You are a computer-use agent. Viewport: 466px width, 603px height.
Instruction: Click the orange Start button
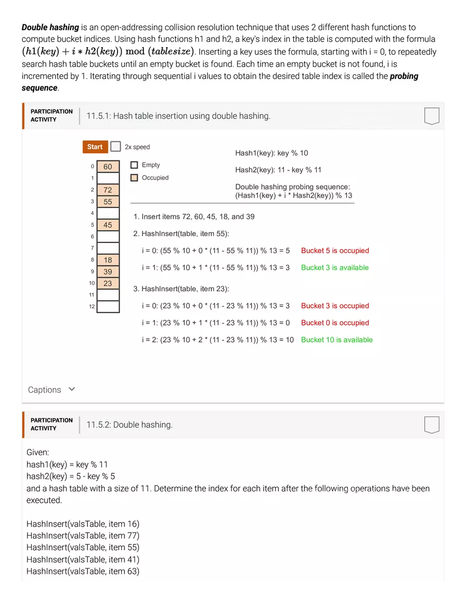pyautogui.click(x=95, y=147)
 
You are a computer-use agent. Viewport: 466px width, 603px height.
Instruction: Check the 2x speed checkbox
pyautogui.click(x=115, y=147)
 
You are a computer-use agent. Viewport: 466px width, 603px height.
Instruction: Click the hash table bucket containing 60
pyautogui.click(x=108, y=167)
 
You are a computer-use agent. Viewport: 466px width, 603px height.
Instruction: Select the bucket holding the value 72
pyautogui.click(x=108, y=190)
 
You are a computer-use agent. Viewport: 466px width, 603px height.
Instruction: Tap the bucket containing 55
pyautogui.click(x=108, y=202)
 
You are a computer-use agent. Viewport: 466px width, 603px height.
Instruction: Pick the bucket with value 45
pyautogui.click(x=108, y=225)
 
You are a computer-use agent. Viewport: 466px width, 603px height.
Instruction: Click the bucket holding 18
pyautogui.click(x=108, y=260)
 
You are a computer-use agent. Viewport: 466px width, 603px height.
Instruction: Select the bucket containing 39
pyautogui.click(x=108, y=272)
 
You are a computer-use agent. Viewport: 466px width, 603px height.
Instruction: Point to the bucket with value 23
pyautogui.click(x=108, y=283)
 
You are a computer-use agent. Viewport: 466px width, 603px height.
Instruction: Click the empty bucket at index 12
pyautogui.click(x=108, y=307)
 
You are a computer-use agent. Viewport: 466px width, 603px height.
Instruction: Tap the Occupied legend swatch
pyautogui.click(x=134, y=178)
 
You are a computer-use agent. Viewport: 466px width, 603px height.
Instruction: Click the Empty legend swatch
pyautogui.click(x=134, y=165)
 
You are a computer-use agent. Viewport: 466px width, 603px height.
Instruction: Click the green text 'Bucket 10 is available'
pyautogui.click(x=336, y=340)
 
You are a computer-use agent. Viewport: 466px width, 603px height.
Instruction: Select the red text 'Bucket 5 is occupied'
pyautogui.click(x=335, y=251)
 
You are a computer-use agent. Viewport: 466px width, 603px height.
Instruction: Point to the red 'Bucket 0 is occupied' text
pyautogui.click(x=335, y=323)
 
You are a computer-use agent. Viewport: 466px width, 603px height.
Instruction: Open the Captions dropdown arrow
pyautogui.click(x=72, y=389)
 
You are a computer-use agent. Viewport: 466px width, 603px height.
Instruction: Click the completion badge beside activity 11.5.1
pyautogui.click(x=432, y=116)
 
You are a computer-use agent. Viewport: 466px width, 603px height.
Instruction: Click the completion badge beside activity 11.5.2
pyautogui.click(x=432, y=425)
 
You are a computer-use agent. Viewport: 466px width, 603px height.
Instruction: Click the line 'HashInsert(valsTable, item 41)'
pyautogui.click(x=83, y=560)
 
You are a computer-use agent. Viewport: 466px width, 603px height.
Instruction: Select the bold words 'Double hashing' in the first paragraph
pyautogui.click(x=50, y=28)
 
